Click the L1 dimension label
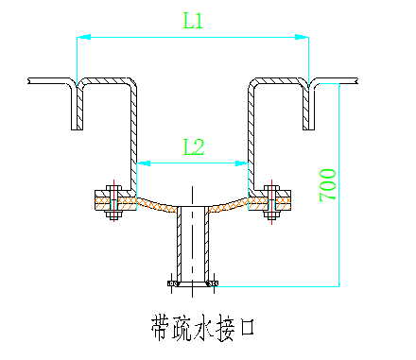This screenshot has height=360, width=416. point(194,20)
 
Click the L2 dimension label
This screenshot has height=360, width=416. point(194,146)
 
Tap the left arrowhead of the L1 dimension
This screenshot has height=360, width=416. point(83,37)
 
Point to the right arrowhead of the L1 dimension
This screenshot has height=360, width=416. point(303,37)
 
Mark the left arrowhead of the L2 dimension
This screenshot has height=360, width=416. point(141,163)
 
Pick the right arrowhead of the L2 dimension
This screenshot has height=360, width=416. point(244,163)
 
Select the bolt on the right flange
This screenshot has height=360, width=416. point(271,201)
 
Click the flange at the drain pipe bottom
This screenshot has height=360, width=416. point(193,282)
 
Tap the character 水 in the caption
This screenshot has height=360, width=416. point(194,327)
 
